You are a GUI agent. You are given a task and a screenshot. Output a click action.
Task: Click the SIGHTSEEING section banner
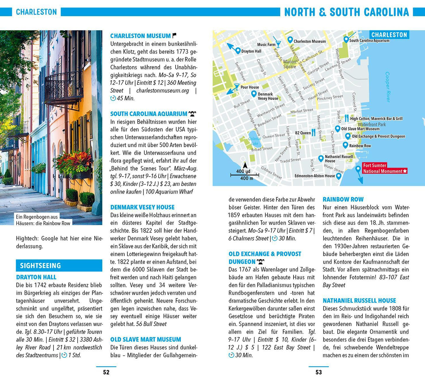tap(59, 265)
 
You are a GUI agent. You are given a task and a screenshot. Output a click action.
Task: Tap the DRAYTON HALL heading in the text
tap(36, 277)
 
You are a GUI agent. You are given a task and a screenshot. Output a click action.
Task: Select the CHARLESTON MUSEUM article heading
tap(140, 36)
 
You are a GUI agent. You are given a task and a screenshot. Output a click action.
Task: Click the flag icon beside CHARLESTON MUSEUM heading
tap(174, 36)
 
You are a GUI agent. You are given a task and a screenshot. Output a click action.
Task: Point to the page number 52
tap(106, 372)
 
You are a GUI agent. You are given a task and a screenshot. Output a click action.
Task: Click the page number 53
tap(319, 372)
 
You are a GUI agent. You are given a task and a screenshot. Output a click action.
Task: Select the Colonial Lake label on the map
tap(255, 141)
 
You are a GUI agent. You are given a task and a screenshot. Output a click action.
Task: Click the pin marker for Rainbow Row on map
tap(346, 145)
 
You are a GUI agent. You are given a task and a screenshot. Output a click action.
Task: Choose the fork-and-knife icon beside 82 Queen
tap(314, 133)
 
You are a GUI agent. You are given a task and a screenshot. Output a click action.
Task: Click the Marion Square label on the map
tap(290, 64)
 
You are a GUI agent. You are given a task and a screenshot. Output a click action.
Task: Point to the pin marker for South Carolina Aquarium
tap(346, 39)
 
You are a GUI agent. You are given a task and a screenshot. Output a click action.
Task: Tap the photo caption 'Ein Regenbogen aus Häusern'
tap(43, 220)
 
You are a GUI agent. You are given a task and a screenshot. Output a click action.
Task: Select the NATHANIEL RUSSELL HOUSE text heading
tap(359, 300)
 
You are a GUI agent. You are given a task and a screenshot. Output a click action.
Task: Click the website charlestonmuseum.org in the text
tap(162, 91)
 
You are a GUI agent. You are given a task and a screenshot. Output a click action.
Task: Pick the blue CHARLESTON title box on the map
tap(389, 35)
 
